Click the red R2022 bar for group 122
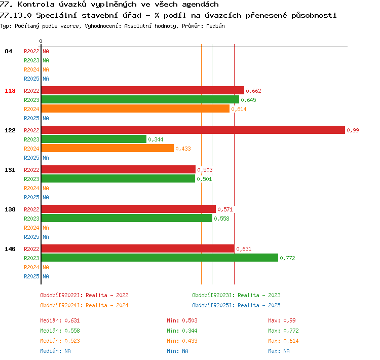point(193,130)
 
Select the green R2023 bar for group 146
point(160,258)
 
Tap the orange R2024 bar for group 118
point(135,109)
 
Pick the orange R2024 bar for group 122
point(107,148)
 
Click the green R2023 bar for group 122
point(94,139)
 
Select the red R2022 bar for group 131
point(119,169)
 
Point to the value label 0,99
point(353,130)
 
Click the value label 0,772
point(287,258)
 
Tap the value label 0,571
point(225,209)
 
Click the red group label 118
point(10,91)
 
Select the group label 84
point(8,51)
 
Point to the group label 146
point(10,249)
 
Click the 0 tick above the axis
point(41,41)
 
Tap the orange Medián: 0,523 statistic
point(60,341)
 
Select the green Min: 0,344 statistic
point(182,331)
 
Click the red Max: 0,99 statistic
point(282,320)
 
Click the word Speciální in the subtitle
point(56,15)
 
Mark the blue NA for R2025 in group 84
point(46,79)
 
